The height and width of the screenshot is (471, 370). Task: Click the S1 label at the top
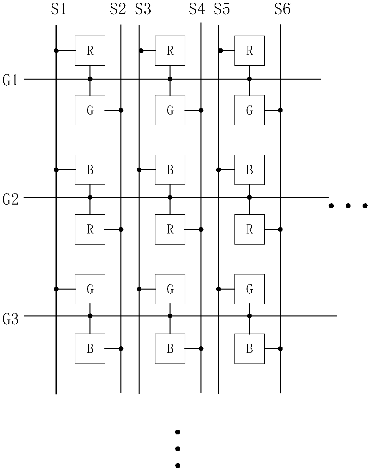pos(59,9)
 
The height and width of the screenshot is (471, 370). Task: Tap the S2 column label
pos(118,9)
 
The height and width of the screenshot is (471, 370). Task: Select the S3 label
pos(143,9)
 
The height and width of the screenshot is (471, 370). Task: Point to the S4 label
pos(197,9)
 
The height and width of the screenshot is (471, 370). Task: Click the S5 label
pos(222,9)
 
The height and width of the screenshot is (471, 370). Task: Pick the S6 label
pos(282,9)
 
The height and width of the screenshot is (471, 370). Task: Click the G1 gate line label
pos(10,80)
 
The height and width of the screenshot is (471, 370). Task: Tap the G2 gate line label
pos(10,199)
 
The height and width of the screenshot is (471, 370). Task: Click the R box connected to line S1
pos(90,50)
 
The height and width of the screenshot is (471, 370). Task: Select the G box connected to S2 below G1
pos(90,110)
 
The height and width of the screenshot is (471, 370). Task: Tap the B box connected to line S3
pos(170,170)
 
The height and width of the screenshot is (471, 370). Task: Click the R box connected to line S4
pos(170,229)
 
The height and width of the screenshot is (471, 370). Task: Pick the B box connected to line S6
pos(249,348)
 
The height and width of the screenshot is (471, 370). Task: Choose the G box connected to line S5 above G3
pos(249,289)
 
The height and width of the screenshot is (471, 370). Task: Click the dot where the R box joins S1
pos(56,51)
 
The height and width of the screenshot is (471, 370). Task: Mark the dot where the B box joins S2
pos(121,348)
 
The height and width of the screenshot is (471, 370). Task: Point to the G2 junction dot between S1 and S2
pos(90,198)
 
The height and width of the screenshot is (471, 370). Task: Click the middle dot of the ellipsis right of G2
pos(348,206)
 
